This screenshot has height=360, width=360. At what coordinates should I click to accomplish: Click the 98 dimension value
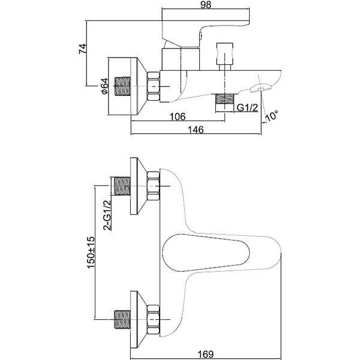205,5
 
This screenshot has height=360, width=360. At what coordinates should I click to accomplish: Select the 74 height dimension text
83,49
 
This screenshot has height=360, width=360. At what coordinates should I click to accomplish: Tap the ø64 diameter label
104,86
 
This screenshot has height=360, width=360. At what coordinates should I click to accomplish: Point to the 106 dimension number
178,116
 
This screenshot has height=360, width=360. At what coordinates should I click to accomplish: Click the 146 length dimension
196,130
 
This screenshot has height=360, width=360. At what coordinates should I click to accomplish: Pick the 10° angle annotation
272,115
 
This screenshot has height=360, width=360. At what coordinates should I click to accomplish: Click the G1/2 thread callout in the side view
247,107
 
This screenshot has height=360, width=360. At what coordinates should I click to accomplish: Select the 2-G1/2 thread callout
107,215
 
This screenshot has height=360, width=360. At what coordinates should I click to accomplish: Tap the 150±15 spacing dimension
91,252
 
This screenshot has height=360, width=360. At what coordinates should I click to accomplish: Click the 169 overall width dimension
205,354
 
